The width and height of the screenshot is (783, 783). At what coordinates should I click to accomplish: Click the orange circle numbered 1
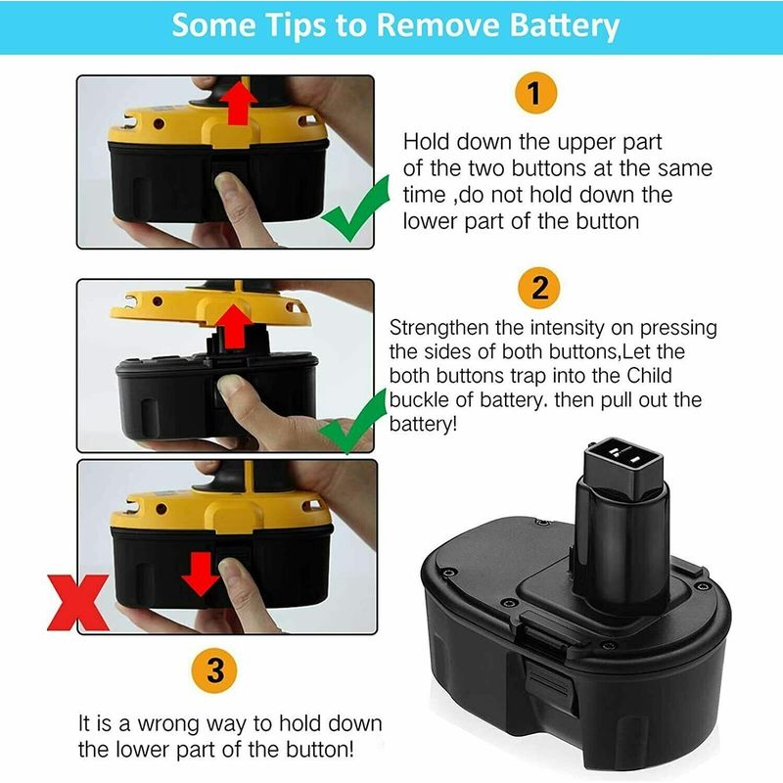click(535, 93)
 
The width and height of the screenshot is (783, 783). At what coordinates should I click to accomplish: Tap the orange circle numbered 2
click(539, 288)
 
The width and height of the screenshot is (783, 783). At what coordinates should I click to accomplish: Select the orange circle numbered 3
click(214, 670)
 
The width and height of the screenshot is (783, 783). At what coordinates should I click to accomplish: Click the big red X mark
click(78, 602)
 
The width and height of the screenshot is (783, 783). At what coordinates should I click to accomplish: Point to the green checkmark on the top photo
click(355, 210)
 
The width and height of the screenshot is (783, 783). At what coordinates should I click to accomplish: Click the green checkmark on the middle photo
click(353, 421)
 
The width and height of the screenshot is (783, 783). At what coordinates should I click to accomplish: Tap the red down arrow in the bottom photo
click(201, 574)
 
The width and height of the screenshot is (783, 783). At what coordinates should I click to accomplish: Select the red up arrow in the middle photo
click(234, 327)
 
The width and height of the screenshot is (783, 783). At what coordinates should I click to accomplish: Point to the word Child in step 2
click(649, 376)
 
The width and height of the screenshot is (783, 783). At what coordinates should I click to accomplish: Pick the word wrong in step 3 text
click(167, 723)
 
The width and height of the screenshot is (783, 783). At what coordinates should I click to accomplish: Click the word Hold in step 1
click(426, 142)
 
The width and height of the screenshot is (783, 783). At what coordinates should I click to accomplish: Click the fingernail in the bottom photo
click(230, 570)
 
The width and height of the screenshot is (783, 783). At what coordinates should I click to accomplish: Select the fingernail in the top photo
click(227, 182)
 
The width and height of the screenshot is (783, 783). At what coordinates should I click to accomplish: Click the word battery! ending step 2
click(423, 425)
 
